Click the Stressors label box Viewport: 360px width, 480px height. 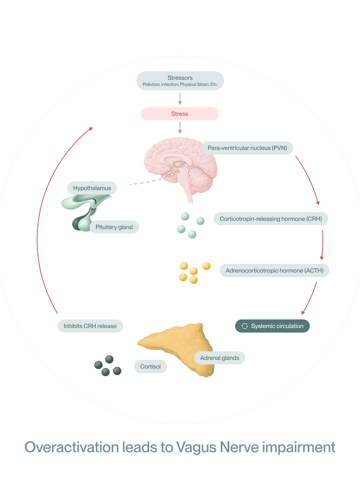pyautogui.click(x=180, y=80)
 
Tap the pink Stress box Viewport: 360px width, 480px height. pyautogui.click(x=180, y=114)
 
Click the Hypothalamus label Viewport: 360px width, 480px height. pyautogui.click(x=92, y=188)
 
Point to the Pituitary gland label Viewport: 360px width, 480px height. pyautogui.click(x=114, y=227)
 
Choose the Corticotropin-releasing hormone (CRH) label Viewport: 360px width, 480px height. pyautogui.click(x=271, y=219)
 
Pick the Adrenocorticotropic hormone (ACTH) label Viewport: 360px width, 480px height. pyautogui.click(x=274, y=270)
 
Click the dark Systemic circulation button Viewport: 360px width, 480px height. pyautogui.click(x=272, y=326)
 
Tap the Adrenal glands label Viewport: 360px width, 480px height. pyautogui.click(x=219, y=358)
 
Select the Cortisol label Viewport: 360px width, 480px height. pyautogui.click(x=150, y=367)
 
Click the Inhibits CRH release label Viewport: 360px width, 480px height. pyautogui.click(x=90, y=326)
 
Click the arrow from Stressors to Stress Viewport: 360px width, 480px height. pyautogui.click(x=180, y=99)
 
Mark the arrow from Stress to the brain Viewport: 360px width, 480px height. pyautogui.click(x=180, y=127)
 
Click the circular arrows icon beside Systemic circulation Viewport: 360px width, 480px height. pyautogui.click(x=244, y=326)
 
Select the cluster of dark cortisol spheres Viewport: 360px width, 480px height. pyautogui.click(x=108, y=366)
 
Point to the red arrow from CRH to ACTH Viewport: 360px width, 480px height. pyautogui.click(x=322, y=245)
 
